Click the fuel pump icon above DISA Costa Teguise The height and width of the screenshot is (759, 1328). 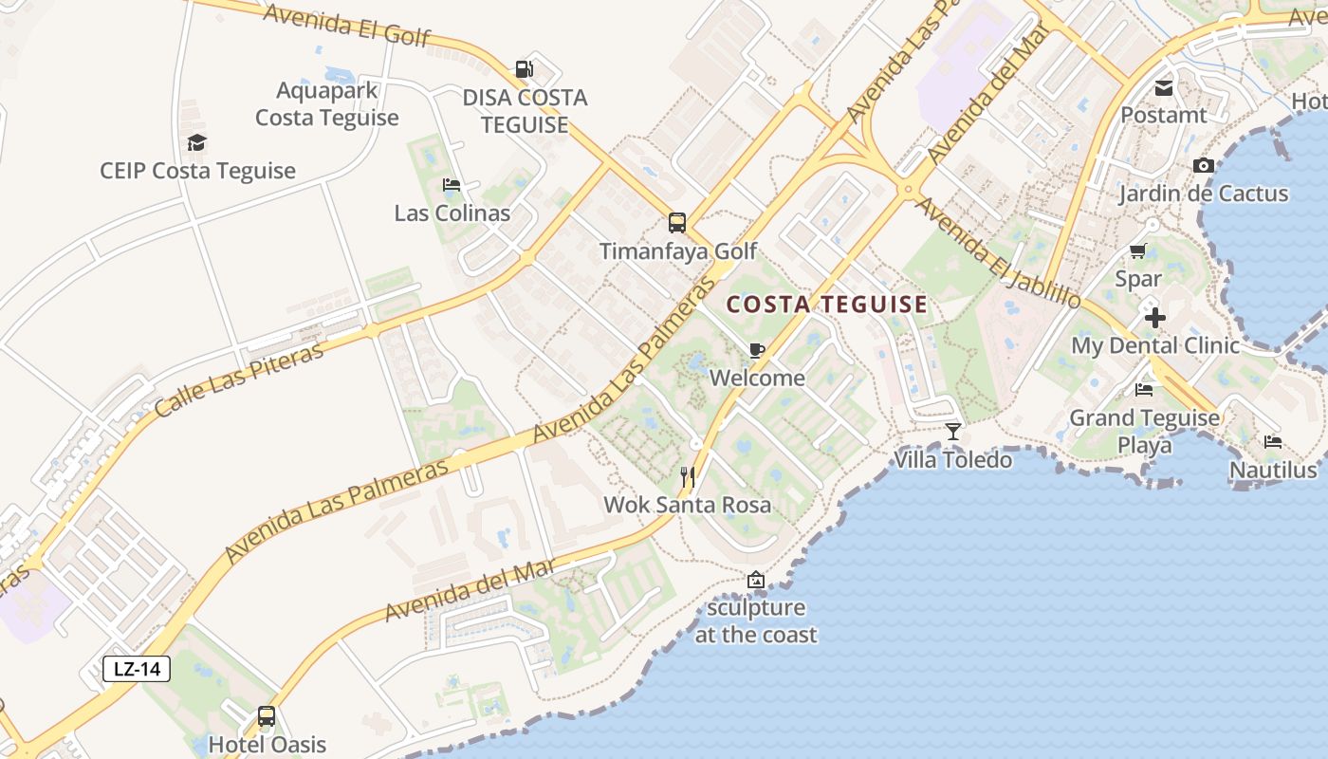click(x=524, y=68)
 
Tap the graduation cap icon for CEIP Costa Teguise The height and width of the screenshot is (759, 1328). click(x=196, y=142)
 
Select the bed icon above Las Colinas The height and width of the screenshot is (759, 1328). click(x=452, y=184)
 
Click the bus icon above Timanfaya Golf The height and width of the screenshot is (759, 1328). click(x=676, y=223)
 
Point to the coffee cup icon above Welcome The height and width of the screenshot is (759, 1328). click(x=756, y=350)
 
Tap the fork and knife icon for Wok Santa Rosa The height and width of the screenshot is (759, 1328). click(x=688, y=476)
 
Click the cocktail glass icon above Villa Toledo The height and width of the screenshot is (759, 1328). click(x=953, y=432)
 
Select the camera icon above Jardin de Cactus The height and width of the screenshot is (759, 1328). click(x=1204, y=166)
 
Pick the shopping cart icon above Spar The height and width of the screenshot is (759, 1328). click(x=1138, y=251)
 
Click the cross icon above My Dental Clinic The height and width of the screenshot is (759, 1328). click(x=1154, y=318)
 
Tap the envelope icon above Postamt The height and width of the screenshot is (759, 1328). click(x=1164, y=88)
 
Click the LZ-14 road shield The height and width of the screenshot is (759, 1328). click(x=137, y=669)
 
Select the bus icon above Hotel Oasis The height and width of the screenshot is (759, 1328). click(x=267, y=716)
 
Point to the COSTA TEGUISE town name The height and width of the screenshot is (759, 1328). click(x=826, y=305)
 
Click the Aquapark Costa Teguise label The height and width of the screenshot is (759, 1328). click(x=327, y=104)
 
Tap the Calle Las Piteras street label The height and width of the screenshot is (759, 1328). click(x=238, y=379)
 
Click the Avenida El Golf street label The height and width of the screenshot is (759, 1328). click(x=347, y=26)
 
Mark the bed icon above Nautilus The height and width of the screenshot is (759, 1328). click(x=1272, y=442)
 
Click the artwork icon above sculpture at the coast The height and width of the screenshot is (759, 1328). click(x=756, y=580)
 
